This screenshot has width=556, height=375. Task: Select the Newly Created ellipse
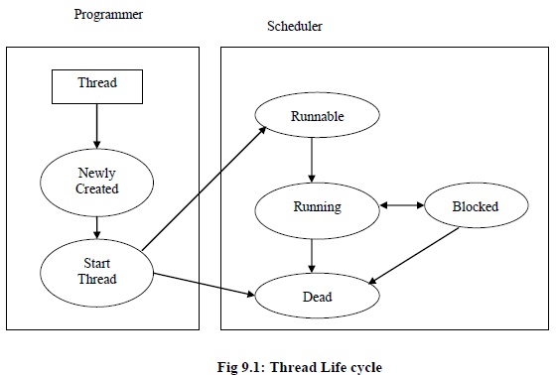tap(96, 181)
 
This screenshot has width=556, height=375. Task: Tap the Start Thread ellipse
tap(96, 271)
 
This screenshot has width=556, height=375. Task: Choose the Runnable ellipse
tap(317, 117)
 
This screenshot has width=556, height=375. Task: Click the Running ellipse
tap(317, 207)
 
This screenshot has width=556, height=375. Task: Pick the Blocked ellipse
tap(475, 207)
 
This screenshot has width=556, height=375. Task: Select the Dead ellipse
tap(317, 296)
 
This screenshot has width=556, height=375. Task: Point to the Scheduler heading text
tap(295, 26)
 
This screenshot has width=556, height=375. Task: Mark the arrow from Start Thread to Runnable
tap(204, 188)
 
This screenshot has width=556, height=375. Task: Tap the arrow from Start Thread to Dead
tap(204, 283)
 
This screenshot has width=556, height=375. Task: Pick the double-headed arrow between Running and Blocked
tap(402, 206)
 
